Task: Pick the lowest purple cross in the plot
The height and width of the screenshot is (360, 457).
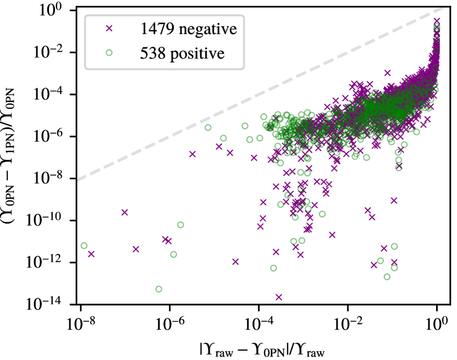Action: (x=279, y=297)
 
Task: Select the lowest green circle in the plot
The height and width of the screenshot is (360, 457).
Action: (x=159, y=289)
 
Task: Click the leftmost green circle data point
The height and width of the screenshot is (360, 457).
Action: (x=84, y=246)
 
